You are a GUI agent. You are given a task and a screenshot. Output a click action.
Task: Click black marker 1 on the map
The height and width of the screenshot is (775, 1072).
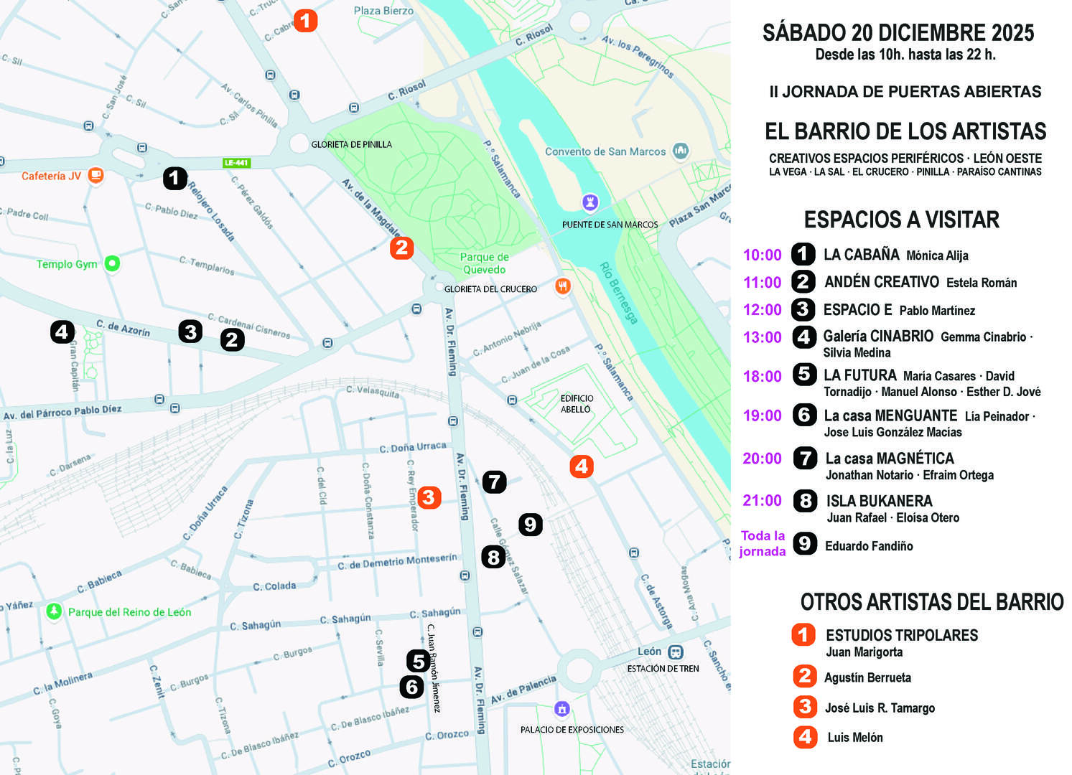click(x=174, y=178)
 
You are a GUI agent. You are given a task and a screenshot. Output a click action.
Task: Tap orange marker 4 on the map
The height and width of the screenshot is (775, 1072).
click(x=581, y=466)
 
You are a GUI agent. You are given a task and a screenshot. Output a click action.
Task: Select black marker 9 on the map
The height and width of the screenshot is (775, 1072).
click(x=530, y=525)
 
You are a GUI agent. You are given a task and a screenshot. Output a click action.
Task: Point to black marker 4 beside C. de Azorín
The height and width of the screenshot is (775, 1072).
click(x=62, y=332)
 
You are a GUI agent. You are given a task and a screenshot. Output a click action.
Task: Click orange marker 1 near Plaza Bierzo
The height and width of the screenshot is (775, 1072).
click(x=305, y=20)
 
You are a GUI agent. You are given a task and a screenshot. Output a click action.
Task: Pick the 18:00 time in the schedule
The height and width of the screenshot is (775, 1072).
click(x=762, y=376)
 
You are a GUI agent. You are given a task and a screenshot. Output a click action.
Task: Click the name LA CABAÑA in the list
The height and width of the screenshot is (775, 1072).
click(x=861, y=254)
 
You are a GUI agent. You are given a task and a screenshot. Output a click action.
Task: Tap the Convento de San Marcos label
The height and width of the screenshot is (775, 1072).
click(x=605, y=151)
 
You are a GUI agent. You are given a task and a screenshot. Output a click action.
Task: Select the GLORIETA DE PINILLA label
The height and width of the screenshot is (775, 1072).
click(x=351, y=144)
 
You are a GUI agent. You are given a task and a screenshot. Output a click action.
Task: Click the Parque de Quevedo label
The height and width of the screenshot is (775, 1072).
click(x=484, y=263)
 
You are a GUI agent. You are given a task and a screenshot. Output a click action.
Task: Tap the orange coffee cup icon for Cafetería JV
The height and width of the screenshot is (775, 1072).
click(x=95, y=175)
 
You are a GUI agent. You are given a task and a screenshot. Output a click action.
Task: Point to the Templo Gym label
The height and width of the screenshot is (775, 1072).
click(x=67, y=264)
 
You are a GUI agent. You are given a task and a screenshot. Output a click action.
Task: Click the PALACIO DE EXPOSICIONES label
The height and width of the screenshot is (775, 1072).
click(x=572, y=730)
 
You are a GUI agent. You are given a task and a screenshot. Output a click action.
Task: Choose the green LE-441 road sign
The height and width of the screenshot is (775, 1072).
click(x=236, y=163)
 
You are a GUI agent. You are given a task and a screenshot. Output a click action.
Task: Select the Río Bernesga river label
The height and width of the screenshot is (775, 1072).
click(x=618, y=293)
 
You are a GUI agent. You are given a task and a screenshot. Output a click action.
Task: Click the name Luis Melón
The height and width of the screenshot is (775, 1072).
click(x=854, y=737)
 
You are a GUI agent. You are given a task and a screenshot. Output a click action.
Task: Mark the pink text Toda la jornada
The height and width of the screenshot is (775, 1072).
click(x=763, y=543)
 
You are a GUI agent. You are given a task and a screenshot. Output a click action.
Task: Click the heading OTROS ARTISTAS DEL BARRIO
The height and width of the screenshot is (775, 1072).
click(x=931, y=601)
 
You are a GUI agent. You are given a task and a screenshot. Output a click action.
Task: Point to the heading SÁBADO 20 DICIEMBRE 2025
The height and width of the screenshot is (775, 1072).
click(x=898, y=32)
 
